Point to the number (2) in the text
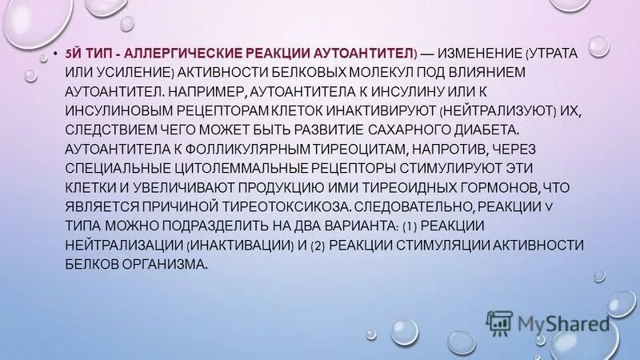click(318, 243)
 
